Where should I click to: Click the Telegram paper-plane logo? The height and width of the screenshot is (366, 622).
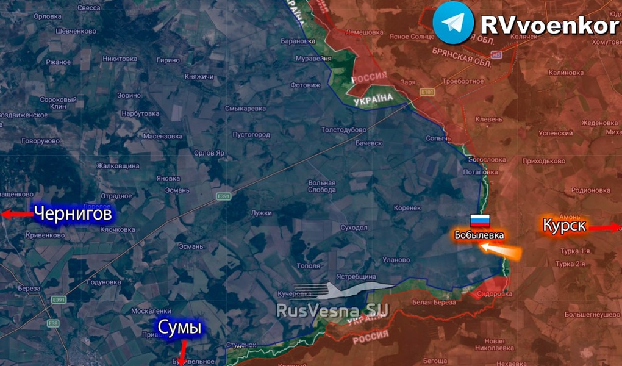(x=453, y=23)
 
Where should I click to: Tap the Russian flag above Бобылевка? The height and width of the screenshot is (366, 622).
(x=479, y=221)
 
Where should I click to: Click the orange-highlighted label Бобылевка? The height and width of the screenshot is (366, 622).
(x=479, y=235)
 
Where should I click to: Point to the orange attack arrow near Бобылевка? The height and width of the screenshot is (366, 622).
(x=499, y=250)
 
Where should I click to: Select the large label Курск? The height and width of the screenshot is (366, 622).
(x=564, y=225)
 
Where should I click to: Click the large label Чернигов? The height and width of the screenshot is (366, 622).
(x=73, y=214)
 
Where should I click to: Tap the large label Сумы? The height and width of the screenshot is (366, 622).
(x=179, y=328)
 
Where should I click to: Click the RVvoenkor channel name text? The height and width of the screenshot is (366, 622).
(x=549, y=25)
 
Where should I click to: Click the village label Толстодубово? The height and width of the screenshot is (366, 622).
(x=344, y=129)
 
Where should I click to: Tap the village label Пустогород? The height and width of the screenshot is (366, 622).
(x=251, y=134)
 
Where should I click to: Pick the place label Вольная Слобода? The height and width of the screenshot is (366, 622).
(x=321, y=186)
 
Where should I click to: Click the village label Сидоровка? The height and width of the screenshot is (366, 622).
(x=495, y=293)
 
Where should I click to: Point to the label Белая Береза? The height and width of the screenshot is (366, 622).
(x=433, y=302)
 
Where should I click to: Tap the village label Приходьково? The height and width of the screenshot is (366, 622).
(x=544, y=162)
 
